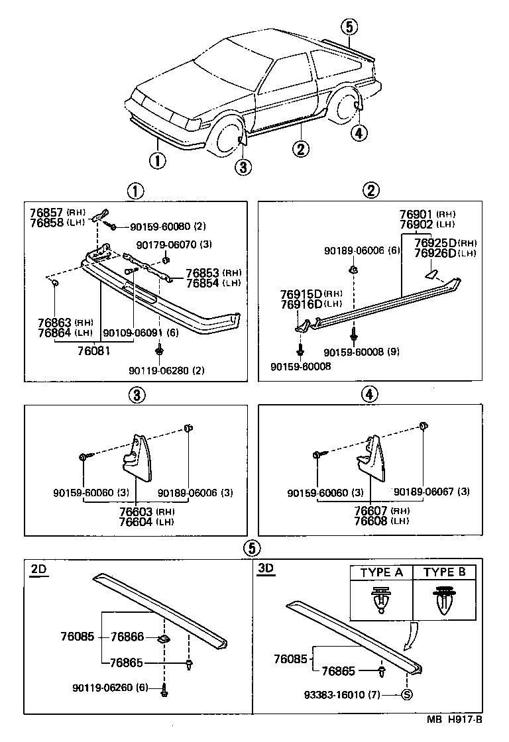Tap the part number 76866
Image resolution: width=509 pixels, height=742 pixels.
tap(127, 637)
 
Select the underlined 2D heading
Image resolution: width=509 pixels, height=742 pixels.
tap(38, 569)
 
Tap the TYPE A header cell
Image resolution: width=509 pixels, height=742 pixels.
tap(381, 572)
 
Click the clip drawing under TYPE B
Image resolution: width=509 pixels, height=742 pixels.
tap(444, 600)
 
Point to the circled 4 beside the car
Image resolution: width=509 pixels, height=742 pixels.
tap(358, 132)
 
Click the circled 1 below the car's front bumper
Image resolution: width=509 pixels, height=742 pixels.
tap(157, 160)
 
